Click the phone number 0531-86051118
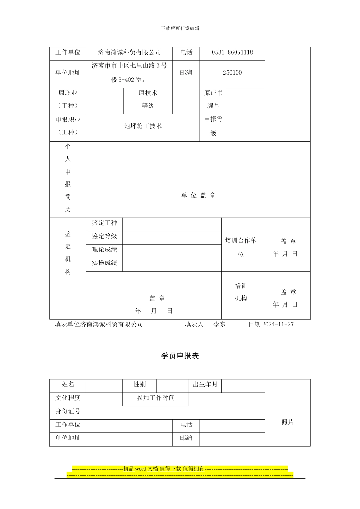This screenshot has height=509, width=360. [x=232, y=52]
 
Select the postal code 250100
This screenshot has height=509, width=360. [x=232, y=73]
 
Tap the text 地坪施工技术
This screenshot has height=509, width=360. [x=143, y=126]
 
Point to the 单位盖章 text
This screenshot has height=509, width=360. [x=198, y=195]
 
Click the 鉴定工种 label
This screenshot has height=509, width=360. [x=105, y=223]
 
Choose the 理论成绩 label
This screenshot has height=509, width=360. [x=105, y=250]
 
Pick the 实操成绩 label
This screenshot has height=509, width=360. [x=105, y=263]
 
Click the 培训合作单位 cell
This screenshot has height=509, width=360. [x=241, y=247]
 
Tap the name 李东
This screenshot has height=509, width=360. [x=220, y=324]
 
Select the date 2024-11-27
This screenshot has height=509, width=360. [x=278, y=324]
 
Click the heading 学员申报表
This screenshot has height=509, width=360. [x=180, y=356]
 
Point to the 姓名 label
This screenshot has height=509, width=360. [x=68, y=384]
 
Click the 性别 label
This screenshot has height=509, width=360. [x=139, y=384]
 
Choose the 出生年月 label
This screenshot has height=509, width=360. [x=205, y=384]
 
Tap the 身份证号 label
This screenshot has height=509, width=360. [x=68, y=411]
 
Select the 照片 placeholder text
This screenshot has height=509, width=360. [x=288, y=422]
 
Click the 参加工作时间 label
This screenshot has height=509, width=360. [x=156, y=398]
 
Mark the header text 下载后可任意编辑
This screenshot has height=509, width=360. [x=180, y=28]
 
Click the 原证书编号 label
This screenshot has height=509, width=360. [x=213, y=99]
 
